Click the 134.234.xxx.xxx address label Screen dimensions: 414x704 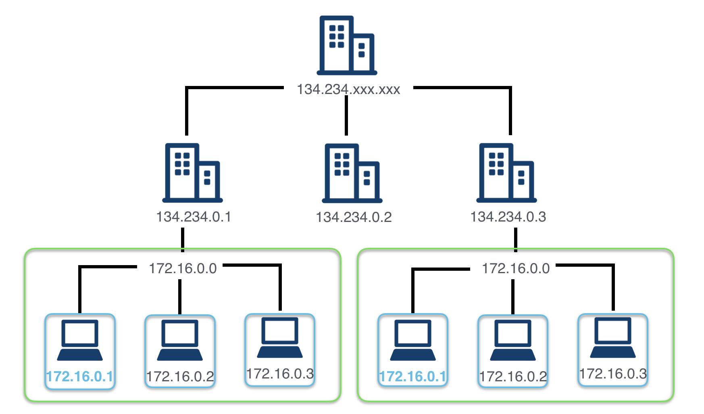(x=348, y=89)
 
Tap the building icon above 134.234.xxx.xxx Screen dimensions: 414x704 (x=347, y=45)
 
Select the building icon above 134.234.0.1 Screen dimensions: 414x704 (x=192, y=173)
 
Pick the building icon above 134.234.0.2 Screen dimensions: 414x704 (x=352, y=173)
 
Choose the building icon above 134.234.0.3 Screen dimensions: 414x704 (x=506, y=173)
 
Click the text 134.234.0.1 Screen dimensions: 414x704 (x=194, y=217)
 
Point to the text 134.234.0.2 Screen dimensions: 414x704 (x=354, y=217)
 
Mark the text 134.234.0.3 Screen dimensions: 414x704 (x=508, y=217)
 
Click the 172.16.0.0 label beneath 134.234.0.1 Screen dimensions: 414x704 (x=183, y=268)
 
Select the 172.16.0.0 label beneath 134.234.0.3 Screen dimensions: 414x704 (x=516, y=268)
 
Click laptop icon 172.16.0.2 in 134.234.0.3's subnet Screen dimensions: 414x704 (x=513, y=340)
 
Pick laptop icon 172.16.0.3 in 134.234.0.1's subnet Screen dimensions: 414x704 (x=280, y=338)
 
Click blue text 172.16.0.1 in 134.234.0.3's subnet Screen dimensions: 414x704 (x=412, y=376)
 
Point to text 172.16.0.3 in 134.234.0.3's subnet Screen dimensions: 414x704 (x=613, y=374)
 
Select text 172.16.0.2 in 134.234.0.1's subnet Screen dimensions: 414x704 (x=180, y=376)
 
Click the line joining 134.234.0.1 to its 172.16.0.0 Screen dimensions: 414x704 (x=183, y=240)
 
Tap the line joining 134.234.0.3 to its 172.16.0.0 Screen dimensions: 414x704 (x=516, y=240)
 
